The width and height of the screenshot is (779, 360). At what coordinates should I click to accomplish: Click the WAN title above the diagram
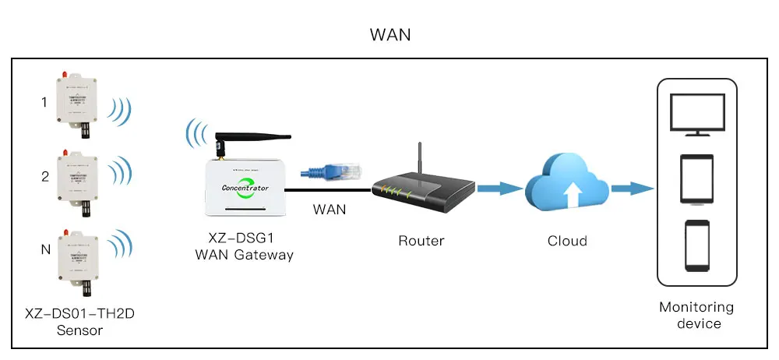pos(390,35)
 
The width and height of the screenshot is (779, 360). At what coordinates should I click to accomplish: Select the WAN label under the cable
pos(330,210)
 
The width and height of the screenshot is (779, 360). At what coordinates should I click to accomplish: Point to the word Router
pos(421,241)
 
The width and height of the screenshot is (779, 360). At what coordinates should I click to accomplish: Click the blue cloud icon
pos(567,183)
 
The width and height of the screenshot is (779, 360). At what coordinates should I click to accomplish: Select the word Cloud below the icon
pos(567,241)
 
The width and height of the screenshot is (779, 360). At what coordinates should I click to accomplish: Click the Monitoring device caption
pos(696,315)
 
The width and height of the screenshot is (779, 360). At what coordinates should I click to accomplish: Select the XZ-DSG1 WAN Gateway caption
pos(245,247)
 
